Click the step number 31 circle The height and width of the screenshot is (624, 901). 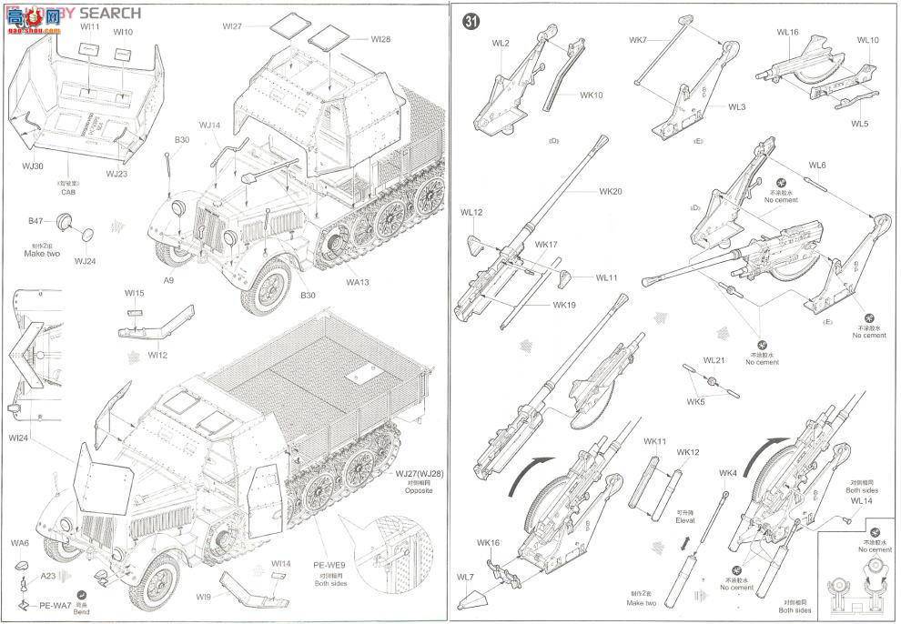click(471, 23)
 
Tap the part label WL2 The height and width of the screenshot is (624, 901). click(501, 43)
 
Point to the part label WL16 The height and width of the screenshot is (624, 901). click(787, 32)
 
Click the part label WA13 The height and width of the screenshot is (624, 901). click(359, 282)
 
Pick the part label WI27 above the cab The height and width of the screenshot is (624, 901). click(232, 25)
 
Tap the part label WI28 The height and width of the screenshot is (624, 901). click(380, 39)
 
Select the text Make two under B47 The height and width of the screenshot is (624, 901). click(42, 254)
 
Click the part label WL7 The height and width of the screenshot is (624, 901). click(465, 578)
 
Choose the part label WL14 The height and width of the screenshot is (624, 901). click(861, 501)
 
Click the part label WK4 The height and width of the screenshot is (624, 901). click(727, 473)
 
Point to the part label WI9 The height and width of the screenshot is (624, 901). click(202, 597)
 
